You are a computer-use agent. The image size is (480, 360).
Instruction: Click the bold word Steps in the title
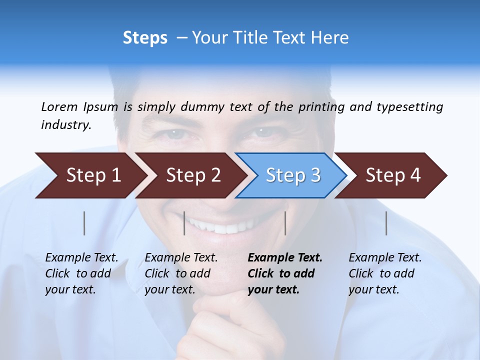(x=145, y=38)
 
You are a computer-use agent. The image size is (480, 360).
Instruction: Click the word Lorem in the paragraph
(x=59, y=107)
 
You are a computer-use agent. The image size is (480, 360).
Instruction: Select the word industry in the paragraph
(x=66, y=125)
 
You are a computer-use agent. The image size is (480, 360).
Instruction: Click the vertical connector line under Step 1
(x=84, y=223)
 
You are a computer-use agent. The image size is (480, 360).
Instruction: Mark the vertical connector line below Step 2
(x=184, y=223)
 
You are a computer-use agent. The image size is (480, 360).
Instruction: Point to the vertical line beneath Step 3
(x=285, y=223)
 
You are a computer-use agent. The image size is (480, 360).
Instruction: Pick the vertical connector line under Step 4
(x=386, y=223)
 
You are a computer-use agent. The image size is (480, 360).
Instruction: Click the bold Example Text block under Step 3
(x=284, y=273)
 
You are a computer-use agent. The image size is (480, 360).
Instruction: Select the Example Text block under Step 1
(x=81, y=273)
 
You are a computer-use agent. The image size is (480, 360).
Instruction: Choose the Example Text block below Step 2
(x=181, y=273)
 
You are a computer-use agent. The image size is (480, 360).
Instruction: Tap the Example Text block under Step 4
(x=385, y=273)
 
